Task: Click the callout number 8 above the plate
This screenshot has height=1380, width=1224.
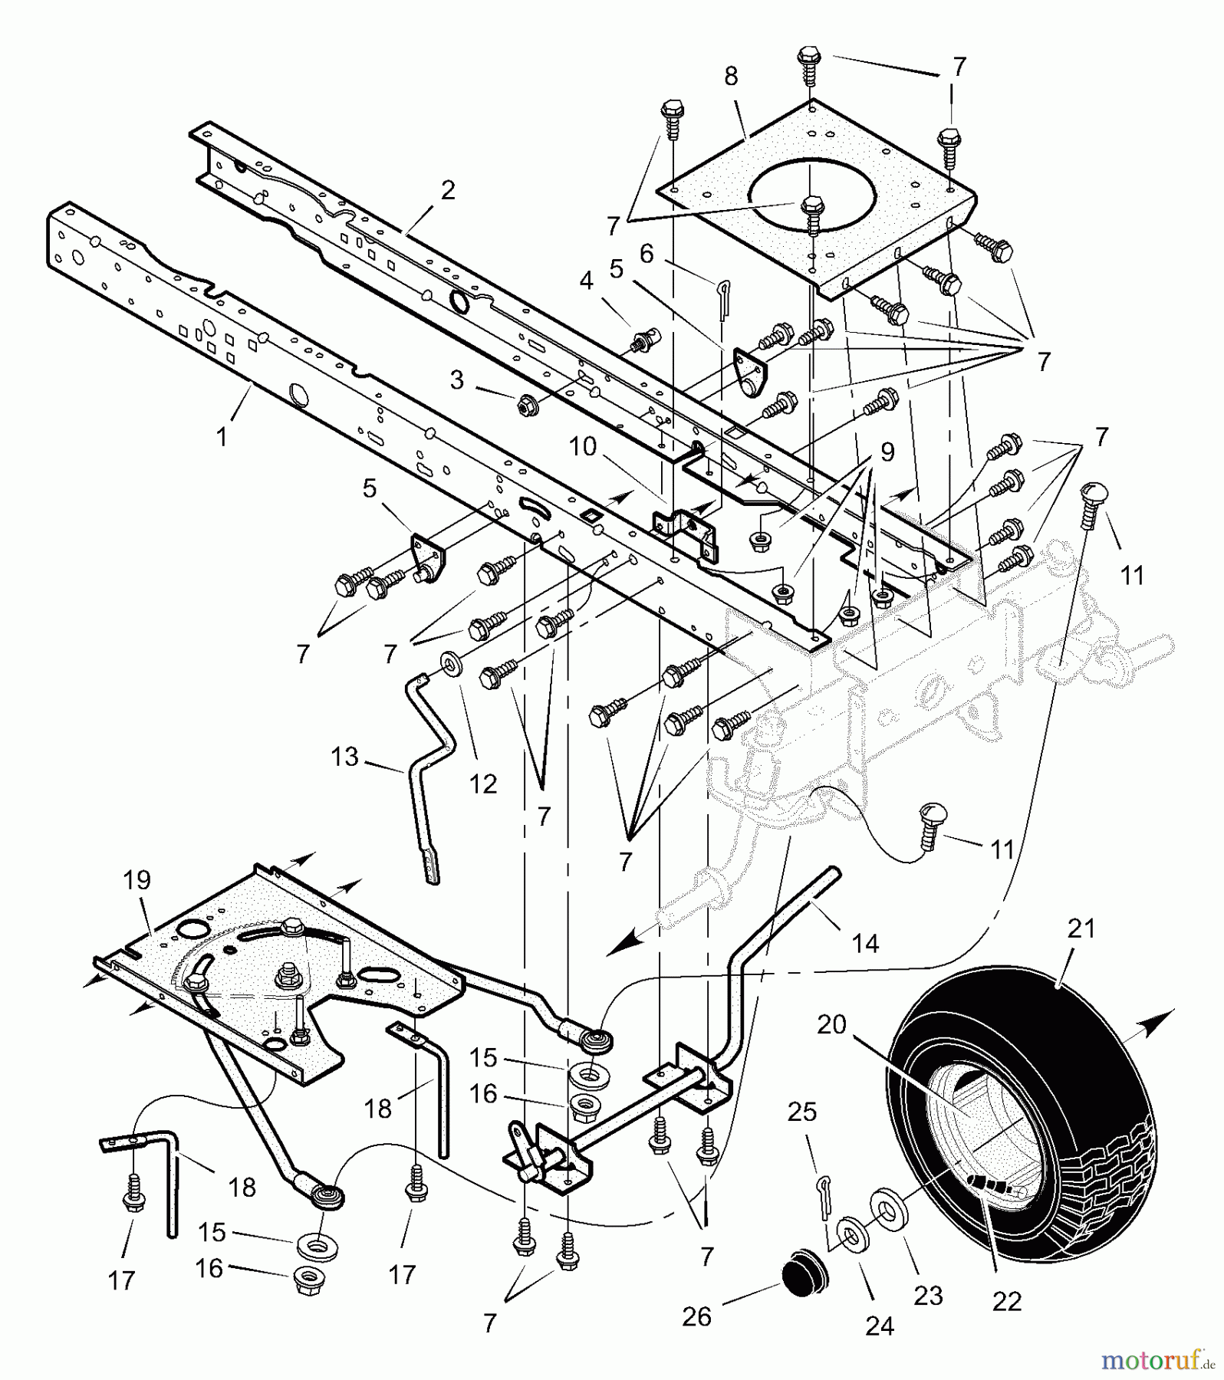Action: point(730,77)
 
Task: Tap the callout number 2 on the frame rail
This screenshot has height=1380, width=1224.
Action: point(448,190)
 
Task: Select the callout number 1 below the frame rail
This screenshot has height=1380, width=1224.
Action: point(222,437)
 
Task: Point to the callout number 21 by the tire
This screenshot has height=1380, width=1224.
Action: point(1081,928)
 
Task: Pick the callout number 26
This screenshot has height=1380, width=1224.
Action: point(696,1316)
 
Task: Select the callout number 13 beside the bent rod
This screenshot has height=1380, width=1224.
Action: point(344,757)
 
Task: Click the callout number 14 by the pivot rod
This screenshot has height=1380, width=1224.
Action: point(866,943)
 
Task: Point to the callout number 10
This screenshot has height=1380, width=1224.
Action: point(583,446)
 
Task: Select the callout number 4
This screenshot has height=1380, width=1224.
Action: point(586,281)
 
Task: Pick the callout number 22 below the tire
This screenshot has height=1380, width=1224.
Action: point(1006,1300)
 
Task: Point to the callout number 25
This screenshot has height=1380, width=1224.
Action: point(802,1112)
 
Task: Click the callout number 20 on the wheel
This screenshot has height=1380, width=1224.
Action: point(831,1024)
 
